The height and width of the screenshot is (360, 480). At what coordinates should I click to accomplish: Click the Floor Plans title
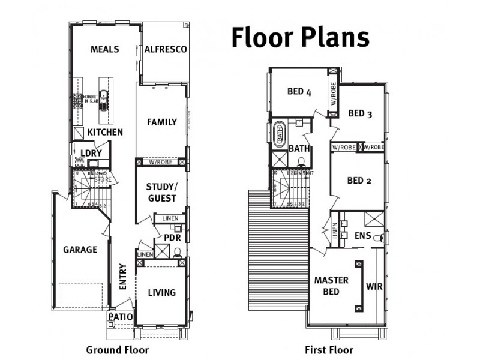[x=300, y=37]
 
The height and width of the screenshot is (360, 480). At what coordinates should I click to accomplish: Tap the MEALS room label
[x=104, y=49]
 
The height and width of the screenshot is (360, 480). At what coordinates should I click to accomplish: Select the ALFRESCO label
[x=166, y=49]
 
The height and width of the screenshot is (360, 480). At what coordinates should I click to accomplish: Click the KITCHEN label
[x=105, y=132]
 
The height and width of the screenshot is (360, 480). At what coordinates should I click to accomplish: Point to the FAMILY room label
[x=162, y=122]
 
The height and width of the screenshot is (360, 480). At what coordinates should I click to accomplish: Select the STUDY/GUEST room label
[x=161, y=192]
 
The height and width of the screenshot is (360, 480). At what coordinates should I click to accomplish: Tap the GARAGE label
[x=80, y=250]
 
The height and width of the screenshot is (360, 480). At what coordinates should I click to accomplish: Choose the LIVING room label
[x=162, y=293]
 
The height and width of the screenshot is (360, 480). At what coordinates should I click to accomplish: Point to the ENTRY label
[x=122, y=277]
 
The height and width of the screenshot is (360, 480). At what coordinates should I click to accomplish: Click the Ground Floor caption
[x=117, y=350]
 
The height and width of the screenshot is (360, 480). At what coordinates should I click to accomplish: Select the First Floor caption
[x=328, y=350]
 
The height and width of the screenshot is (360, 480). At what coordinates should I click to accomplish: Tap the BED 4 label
[x=299, y=92]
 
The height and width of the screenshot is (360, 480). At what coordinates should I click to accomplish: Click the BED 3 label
[x=361, y=114]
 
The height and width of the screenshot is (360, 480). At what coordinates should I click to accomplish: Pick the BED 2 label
[x=359, y=181]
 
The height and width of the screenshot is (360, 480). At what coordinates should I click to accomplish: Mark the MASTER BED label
[x=331, y=286]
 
